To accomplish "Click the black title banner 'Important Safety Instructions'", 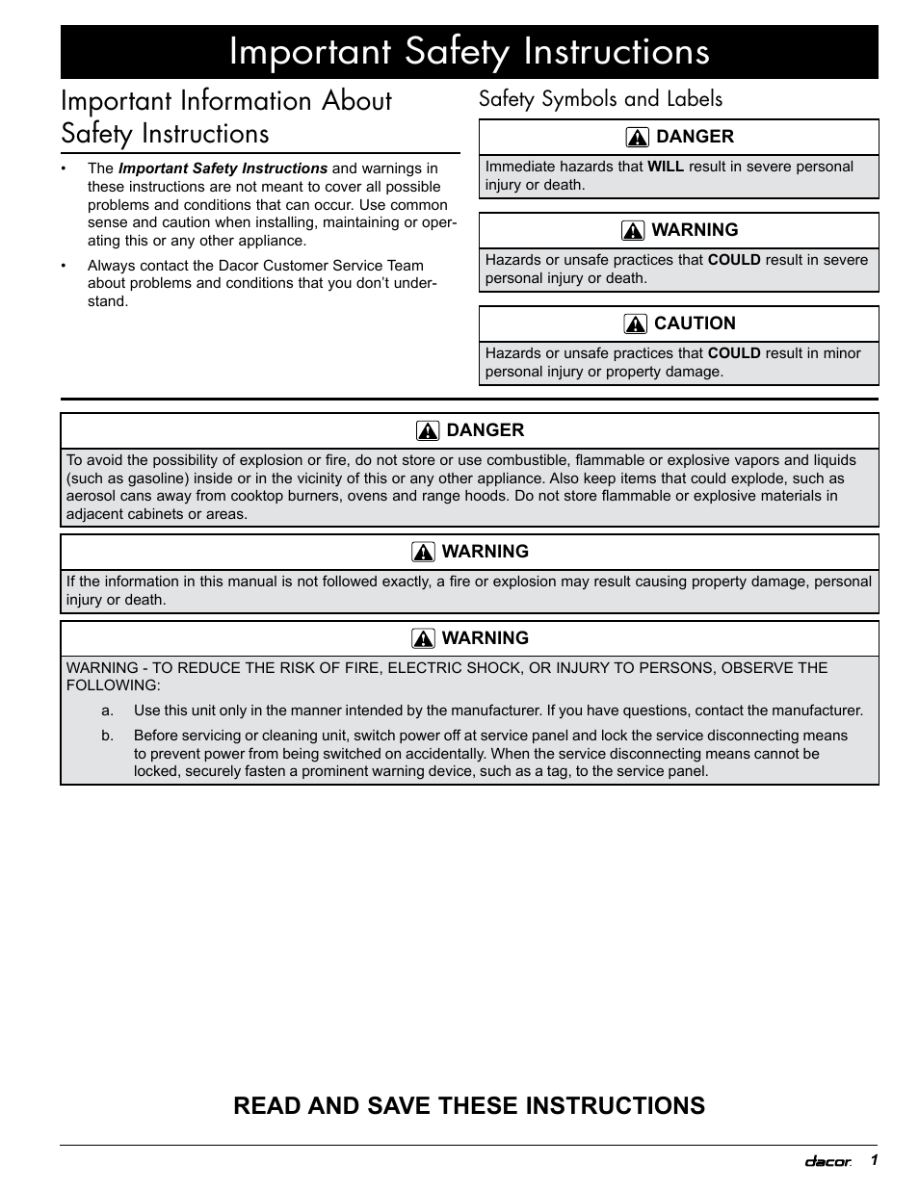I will click(x=469, y=52).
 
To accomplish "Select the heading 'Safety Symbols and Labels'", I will click(x=600, y=99).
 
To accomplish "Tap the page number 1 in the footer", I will click(x=874, y=1160).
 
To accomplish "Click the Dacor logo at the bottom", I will click(x=827, y=1162).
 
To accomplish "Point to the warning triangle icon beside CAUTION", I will click(x=635, y=324).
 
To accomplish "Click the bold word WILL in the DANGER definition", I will click(x=666, y=167).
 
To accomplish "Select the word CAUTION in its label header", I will click(x=695, y=323).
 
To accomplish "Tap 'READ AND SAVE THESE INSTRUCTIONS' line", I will click(x=469, y=1105).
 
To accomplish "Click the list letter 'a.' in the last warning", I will click(x=108, y=711).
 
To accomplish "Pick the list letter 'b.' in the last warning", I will click(x=108, y=736).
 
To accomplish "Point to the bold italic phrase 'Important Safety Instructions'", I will click(x=223, y=168).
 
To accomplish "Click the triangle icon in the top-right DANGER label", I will click(x=637, y=138).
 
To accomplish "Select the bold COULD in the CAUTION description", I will click(x=734, y=353).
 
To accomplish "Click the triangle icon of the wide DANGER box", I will click(x=428, y=431).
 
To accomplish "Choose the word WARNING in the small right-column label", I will click(x=695, y=230).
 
